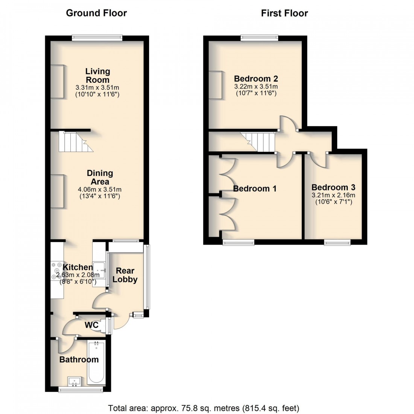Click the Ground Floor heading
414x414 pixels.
pos(96,13)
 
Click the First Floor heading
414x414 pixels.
pos(285,13)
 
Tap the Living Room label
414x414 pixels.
pos(97,75)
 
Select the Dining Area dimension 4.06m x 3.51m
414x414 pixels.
pos(100,189)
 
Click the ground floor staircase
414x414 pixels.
pos(75,142)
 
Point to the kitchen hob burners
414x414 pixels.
pos(57,271)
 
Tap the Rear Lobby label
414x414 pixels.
pos(125,275)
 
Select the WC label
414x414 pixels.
pos(91,324)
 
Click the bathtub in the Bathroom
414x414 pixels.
pos(96,362)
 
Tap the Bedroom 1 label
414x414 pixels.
pos(255,189)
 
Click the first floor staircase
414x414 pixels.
pos(258,142)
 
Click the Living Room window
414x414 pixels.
pos(97,37)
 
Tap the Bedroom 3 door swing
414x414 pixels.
pos(318,160)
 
